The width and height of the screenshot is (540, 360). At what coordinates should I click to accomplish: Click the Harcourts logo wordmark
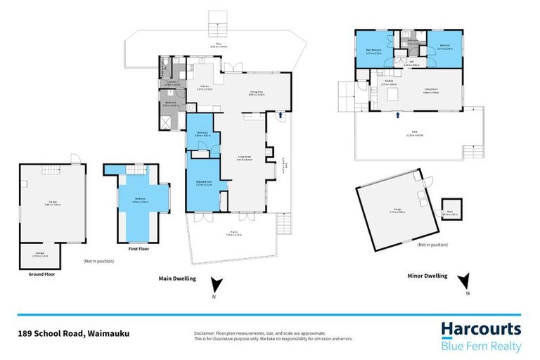pyautogui.click(x=481, y=329)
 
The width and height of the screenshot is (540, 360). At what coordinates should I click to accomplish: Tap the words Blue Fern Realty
pyautogui.click(x=481, y=345)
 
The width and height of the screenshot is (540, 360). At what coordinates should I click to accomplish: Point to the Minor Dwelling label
pyautogui.click(x=427, y=276)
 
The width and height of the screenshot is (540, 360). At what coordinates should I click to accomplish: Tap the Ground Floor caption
pyautogui.click(x=41, y=274)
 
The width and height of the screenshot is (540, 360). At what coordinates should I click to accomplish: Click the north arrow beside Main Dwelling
pyautogui.click(x=217, y=283)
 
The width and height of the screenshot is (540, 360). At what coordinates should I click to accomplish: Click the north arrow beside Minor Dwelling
pyautogui.click(x=465, y=282)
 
